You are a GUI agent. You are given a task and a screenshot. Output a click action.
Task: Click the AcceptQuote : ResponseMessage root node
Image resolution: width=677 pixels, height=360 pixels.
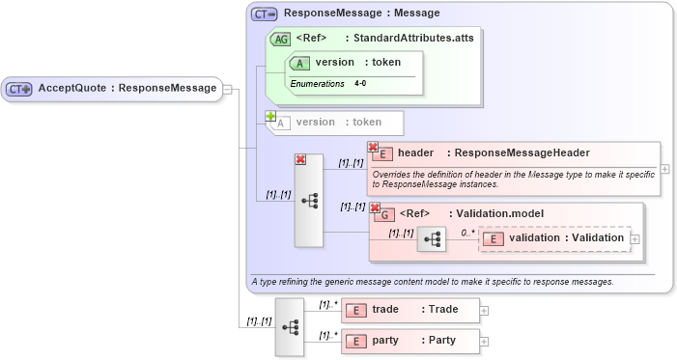click(x=111, y=89)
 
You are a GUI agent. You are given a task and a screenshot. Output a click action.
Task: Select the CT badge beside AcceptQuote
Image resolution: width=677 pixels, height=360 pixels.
click(x=19, y=89)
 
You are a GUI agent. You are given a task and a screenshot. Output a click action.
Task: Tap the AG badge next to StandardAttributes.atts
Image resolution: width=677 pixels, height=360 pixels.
click(x=280, y=40)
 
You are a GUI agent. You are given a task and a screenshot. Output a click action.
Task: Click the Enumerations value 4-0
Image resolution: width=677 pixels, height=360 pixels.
click(x=360, y=84)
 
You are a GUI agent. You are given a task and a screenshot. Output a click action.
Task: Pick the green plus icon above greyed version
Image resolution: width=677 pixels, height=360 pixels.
click(x=271, y=116)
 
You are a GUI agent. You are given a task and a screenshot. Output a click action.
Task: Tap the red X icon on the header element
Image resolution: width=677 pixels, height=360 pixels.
click(x=373, y=147)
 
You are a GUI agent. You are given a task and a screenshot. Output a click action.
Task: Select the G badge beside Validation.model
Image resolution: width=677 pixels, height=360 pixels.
click(x=384, y=214)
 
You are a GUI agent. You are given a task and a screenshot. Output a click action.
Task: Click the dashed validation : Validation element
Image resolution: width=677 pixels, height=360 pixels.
click(x=553, y=238)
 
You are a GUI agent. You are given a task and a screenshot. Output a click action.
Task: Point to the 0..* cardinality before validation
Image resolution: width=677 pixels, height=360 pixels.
click(x=467, y=233)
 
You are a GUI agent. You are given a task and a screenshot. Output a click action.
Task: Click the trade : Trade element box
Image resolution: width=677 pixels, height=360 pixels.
click(x=410, y=310)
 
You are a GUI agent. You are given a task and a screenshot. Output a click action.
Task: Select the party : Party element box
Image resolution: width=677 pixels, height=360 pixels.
click(x=410, y=341)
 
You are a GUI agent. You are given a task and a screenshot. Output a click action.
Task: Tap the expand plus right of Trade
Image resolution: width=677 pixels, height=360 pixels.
click(x=485, y=311)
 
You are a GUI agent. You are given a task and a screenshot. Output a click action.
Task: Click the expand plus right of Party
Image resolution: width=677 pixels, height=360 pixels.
click(x=485, y=342)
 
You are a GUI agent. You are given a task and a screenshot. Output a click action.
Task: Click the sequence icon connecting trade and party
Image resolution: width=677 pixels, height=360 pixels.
click(x=289, y=326)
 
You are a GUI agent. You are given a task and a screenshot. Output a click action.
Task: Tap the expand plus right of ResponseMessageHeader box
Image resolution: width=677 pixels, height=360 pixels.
click(x=665, y=169)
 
